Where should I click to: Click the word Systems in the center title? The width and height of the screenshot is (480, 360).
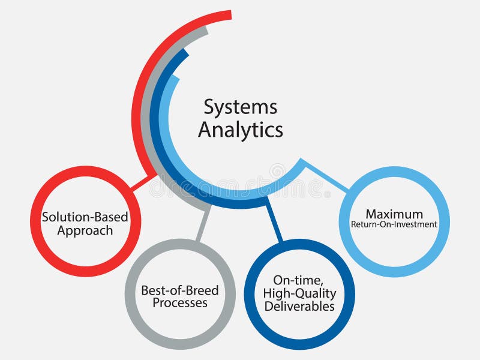point(240,108)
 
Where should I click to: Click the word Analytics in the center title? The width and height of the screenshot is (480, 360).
point(240,130)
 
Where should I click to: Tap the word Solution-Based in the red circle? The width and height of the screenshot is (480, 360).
point(85,217)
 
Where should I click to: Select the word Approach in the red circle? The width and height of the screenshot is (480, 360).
point(85,230)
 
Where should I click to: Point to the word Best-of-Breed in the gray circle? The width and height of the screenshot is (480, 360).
point(180,291)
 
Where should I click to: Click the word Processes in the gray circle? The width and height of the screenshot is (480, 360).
point(180,303)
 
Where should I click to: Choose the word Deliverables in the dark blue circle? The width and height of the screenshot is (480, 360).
point(300,306)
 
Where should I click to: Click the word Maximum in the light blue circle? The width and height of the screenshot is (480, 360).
point(394,214)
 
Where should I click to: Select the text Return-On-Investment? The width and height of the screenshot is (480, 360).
point(394,225)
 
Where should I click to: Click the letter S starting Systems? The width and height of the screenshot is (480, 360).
point(208,108)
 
